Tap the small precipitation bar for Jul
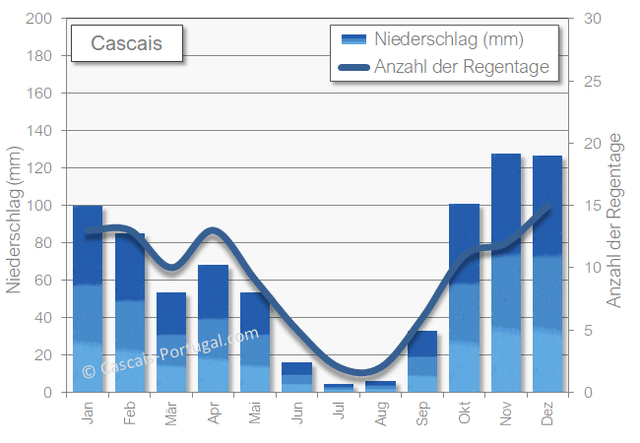coord(339,388)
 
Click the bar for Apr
coord(213,329)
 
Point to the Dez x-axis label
coord(548,411)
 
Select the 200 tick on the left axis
coord(38,19)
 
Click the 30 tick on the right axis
coord(592,19)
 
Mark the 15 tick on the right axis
coord(592,206)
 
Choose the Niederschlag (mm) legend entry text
coord(448,39)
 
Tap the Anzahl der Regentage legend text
coord(461,67)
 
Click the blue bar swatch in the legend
coord(353,39)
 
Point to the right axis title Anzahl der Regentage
coord(616,222)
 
